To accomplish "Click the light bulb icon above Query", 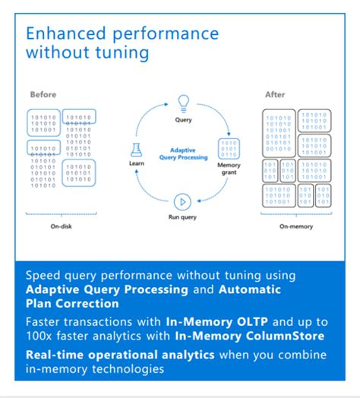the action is (x=183, y=103).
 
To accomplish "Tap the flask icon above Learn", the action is (x=136, y=150).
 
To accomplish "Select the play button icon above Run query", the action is (x=182, y=202).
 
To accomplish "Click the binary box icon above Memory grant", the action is (x=229, y=149).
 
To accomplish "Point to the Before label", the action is (x=43, y=94).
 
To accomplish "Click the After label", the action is (x=275, y=95).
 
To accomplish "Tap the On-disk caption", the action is (x=62, y=226).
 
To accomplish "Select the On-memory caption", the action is (x=296, y=226).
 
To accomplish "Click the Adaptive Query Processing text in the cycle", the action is (x=183, y=154).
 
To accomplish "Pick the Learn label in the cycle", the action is (x=137, y=163).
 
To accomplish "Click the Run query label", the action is (x=182, y=217).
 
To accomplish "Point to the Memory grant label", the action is (x=229, y=169).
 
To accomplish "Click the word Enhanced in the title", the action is (x=66, y=33).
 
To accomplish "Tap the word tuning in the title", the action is (x=122, y=53).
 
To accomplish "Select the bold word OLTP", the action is (x=251, y=322).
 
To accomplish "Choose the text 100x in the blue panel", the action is (x=39, y=336).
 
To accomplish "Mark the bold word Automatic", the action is (x=250, y=289).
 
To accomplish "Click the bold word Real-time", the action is (x=55, y=355).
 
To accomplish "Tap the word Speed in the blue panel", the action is (x=43, y=276).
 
